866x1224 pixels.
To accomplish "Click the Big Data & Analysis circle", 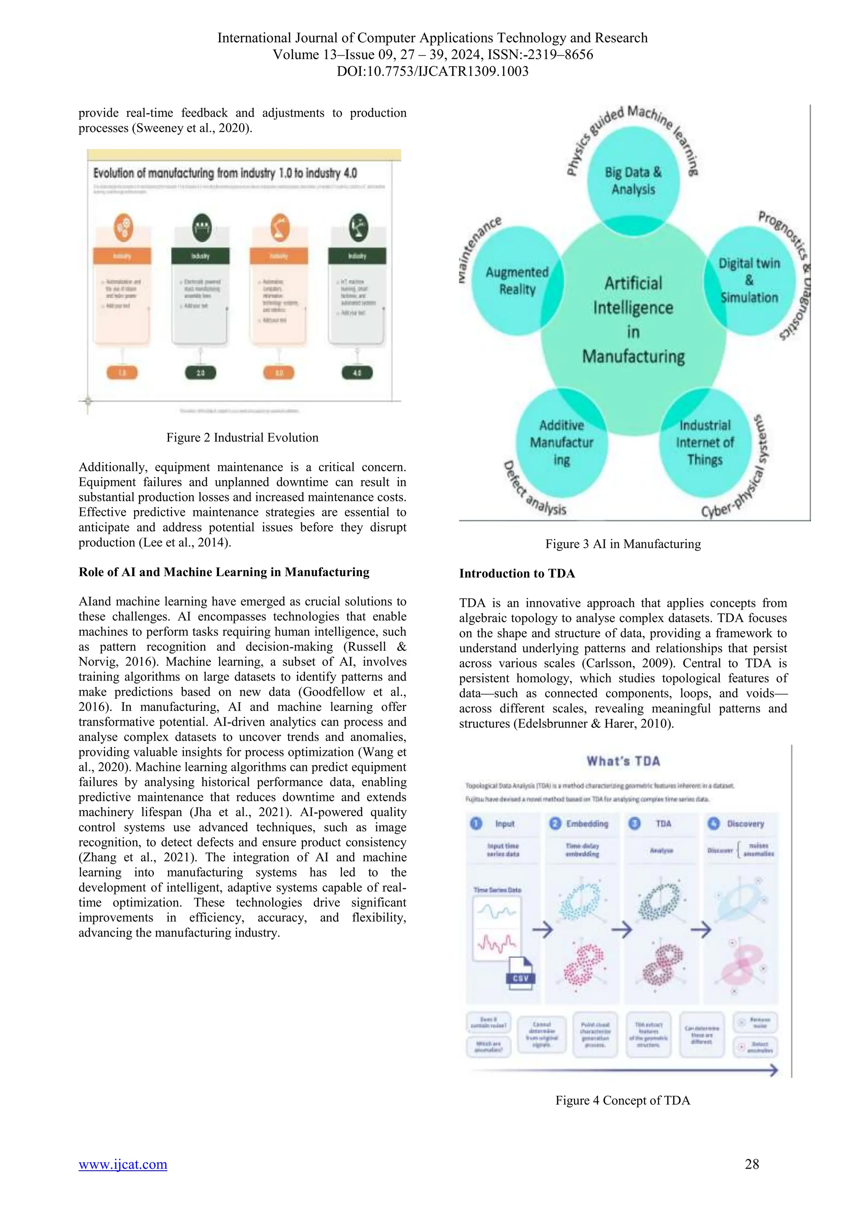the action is click(633, 181).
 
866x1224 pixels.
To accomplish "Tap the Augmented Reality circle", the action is click(517, 281).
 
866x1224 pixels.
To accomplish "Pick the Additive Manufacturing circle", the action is click(562, 443).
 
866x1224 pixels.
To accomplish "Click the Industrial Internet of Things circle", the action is click(704, 443).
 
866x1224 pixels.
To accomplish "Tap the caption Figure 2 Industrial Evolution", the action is click(242, 438).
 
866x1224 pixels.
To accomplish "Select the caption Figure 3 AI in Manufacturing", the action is click(622, 544).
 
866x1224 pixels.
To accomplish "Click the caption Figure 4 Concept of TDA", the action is click(622, 1100).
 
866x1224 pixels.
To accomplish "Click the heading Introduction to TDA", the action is click(517, 574).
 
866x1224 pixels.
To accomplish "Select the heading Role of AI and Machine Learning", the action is click(224, 572).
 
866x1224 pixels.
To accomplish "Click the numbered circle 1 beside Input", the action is click(476, 824).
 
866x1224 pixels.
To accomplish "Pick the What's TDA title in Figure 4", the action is click(623, 761).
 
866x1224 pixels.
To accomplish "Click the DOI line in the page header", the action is click(433, 71).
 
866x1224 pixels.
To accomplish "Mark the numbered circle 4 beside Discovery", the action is click(713, 824).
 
